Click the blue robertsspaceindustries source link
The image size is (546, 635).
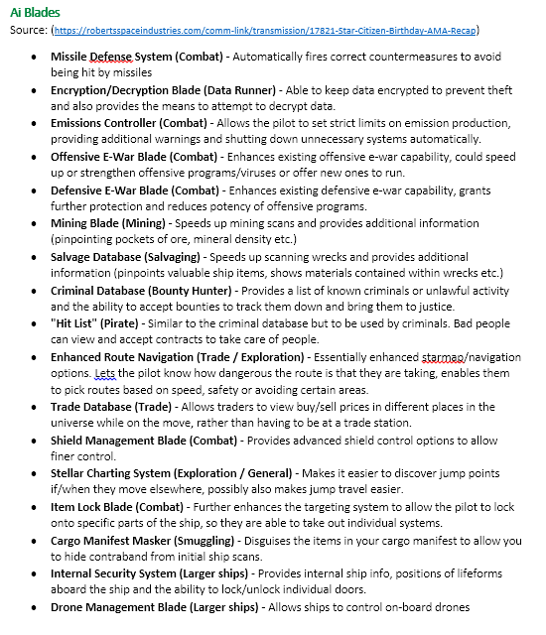pos(266,31)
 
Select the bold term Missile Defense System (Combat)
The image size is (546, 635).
pos(142,57)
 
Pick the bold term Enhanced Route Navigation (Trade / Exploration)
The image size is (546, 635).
pos(179,357)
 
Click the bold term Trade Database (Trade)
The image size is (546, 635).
pos(112,407)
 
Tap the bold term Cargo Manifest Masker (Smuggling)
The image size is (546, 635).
pos(148,540)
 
